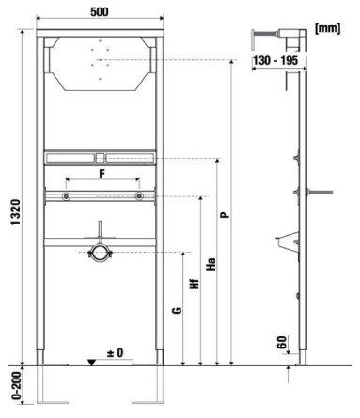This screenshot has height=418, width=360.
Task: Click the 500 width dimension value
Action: coord(100,12)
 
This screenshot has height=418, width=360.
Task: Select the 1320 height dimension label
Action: coord(16,212)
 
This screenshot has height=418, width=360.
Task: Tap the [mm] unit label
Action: coord(327,28)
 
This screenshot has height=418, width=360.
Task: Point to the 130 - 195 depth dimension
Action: coord(275,60)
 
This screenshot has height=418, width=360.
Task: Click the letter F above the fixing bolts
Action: coord(102,174)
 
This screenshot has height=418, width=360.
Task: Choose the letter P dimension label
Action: coord(225,215)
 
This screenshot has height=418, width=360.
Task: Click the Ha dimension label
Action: coord(211,264)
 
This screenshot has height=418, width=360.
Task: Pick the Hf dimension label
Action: coord(195,284)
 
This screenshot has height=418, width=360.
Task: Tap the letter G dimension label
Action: coord(178,310)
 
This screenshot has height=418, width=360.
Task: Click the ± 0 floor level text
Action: coord(116,353)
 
